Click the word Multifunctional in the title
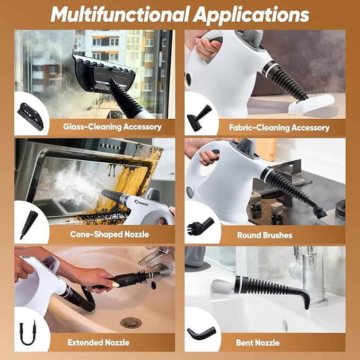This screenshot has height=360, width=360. [x=120, y=14]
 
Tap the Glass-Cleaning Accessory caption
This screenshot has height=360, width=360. [x=112, y=127]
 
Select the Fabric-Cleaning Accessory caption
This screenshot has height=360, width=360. [x=279, y=127]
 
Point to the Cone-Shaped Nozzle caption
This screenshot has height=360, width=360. [x=110, y=234]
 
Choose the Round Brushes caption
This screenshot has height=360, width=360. [x=265, y=235]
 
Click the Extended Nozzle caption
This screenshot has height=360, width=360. [x=99, y=343]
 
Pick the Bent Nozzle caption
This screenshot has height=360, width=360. [x=258, y=343]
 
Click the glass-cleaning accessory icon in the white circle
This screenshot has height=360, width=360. [x=30, y=117]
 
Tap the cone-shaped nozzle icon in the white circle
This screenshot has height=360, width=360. [x=29, y=225]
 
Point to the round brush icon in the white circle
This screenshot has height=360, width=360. [x=200, y=226]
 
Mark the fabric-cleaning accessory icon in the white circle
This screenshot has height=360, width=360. [x=199, y=118]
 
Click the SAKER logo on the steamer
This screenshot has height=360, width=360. [x=142, y=203]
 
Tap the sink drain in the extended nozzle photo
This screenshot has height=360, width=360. [x=131, y=322]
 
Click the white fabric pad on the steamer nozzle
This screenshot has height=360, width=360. [x=311, y=104]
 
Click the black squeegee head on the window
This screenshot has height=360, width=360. [x=104, y=74]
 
